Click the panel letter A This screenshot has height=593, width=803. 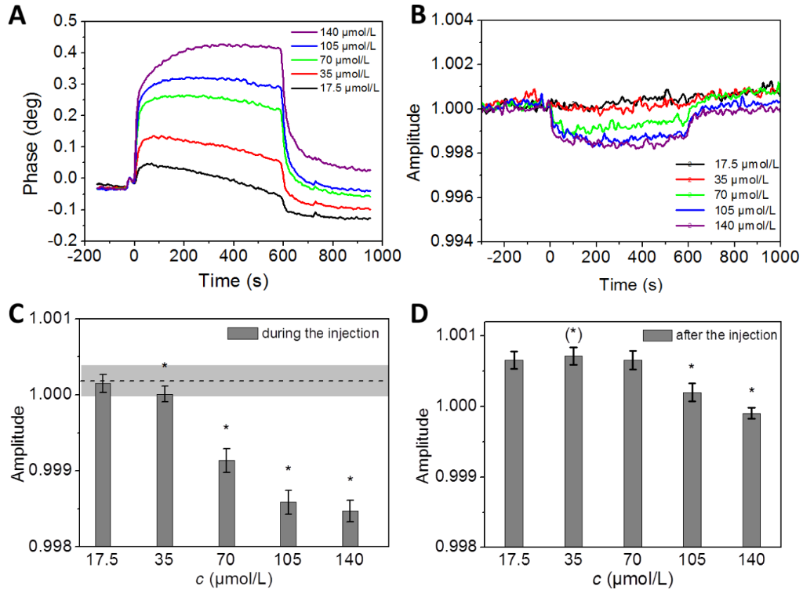tap(16, 16)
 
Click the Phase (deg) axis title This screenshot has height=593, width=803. tap(31, 131)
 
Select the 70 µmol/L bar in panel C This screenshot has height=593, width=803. tap(226, 502)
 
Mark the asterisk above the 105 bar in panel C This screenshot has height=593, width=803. tap(288, 469)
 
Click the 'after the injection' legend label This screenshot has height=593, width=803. tap(720, 335)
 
